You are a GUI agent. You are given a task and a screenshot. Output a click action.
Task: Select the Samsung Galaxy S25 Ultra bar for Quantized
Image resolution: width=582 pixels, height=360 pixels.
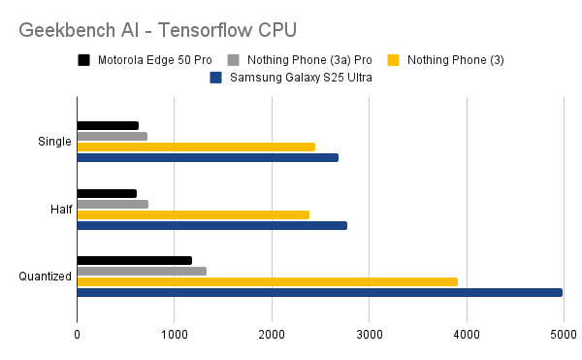click(x=319, y=292)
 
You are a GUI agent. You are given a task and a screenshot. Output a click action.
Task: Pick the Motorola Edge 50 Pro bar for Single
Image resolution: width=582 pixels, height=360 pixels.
click(x=108, y=125)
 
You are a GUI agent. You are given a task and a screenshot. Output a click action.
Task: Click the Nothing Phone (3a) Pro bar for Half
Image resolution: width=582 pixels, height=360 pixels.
click(x=113, y=204)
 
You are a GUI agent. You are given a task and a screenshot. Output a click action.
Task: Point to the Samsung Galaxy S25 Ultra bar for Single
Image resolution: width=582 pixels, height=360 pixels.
click(x=208, y=157)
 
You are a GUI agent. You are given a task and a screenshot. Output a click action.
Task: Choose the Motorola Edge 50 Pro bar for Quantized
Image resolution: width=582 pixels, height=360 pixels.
click(x=134, y=260)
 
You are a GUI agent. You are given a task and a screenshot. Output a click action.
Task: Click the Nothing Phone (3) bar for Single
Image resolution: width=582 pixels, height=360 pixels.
click(x=196, y=147)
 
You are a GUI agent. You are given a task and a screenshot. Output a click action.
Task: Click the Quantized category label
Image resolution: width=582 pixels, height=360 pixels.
click(x=45, y=277)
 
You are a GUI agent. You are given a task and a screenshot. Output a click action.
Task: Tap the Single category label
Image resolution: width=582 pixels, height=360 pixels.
click(x=54, y=142)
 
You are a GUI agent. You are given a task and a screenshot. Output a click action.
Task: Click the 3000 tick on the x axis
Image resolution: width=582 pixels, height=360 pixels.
click(x=370, y=336)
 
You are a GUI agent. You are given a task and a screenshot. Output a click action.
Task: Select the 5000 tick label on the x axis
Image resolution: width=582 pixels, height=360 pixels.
click(x=565, y=336)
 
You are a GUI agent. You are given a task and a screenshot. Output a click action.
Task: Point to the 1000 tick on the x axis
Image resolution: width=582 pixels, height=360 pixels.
click(x=174, y=336)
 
